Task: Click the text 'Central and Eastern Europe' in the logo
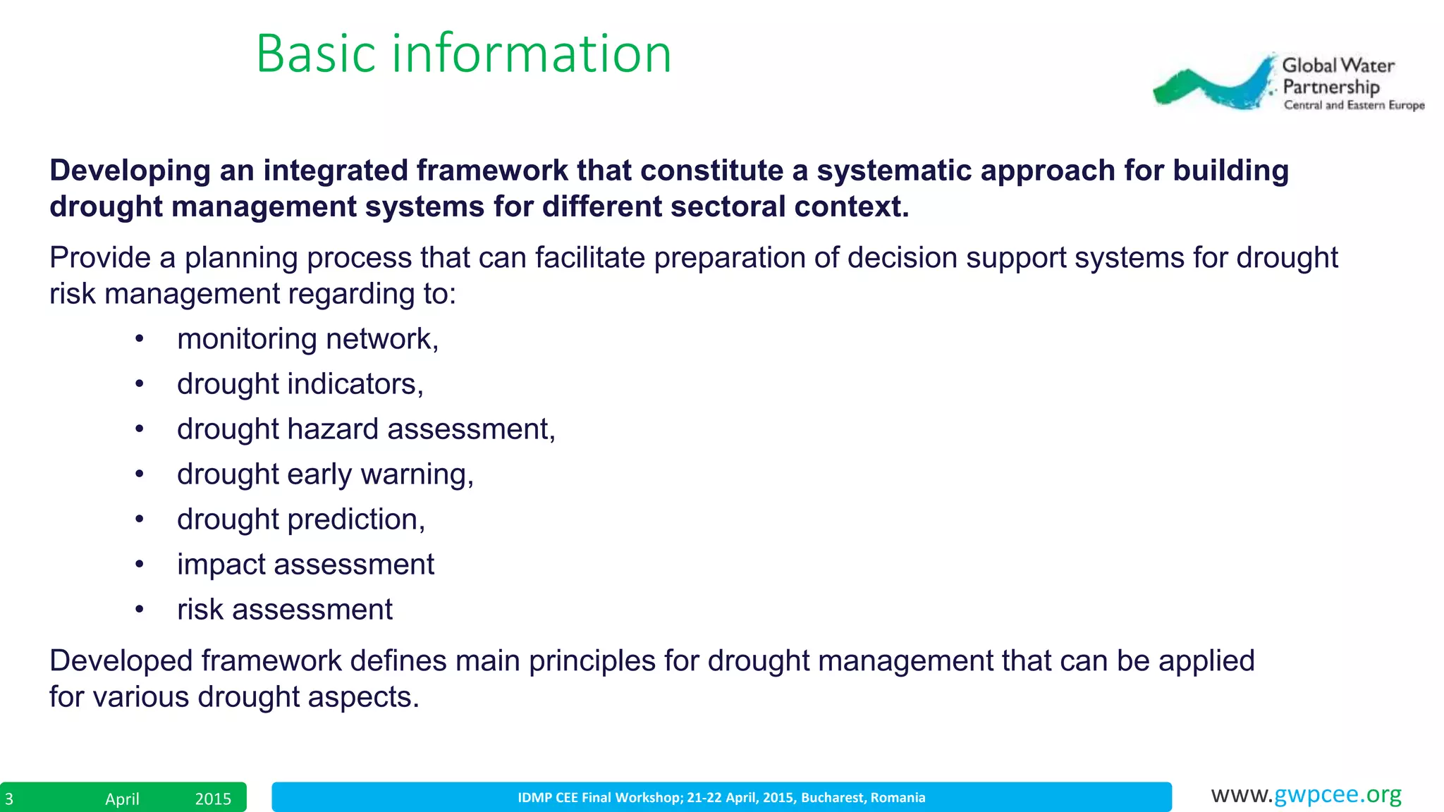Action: coord(1354,105)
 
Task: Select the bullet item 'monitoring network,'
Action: coord(307,339)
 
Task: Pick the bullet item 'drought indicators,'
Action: coord(300,384)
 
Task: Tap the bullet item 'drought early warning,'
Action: coord(325,474)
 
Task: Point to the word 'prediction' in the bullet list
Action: coord(353,519)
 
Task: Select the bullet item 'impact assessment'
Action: coord(305,565)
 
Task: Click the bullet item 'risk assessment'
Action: coord(284,610)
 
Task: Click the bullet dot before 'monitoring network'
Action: coord(140,340)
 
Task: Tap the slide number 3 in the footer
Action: coord(9,799)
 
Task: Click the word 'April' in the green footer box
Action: coord(122,799)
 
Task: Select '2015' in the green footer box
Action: coord(213,799)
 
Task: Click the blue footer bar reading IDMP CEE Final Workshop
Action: coord(721,797)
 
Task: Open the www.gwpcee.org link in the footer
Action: coord(1306,794)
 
